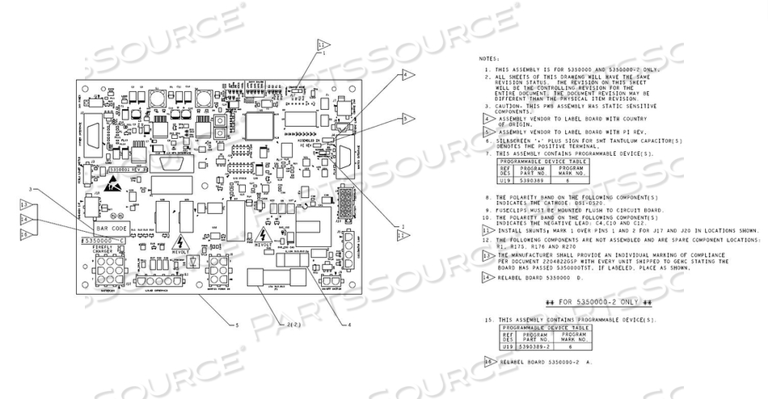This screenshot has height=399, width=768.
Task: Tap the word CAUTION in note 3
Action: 511,105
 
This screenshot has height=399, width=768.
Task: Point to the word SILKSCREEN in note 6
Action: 517,141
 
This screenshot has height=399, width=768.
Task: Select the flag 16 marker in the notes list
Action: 487,361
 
